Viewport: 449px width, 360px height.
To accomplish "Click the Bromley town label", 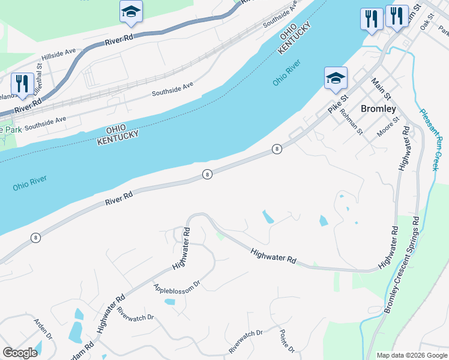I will pos(378,109).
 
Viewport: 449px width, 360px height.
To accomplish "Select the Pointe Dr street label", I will pos(287,341).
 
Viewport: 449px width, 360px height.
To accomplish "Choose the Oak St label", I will pos(427,24).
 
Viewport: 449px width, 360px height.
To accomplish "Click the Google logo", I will pos(20,353).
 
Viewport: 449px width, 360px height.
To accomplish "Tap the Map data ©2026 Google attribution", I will pos(411,355).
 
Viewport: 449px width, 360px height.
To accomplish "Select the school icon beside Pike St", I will pos(335,78).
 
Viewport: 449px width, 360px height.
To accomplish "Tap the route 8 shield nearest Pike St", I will pos(277,149).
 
